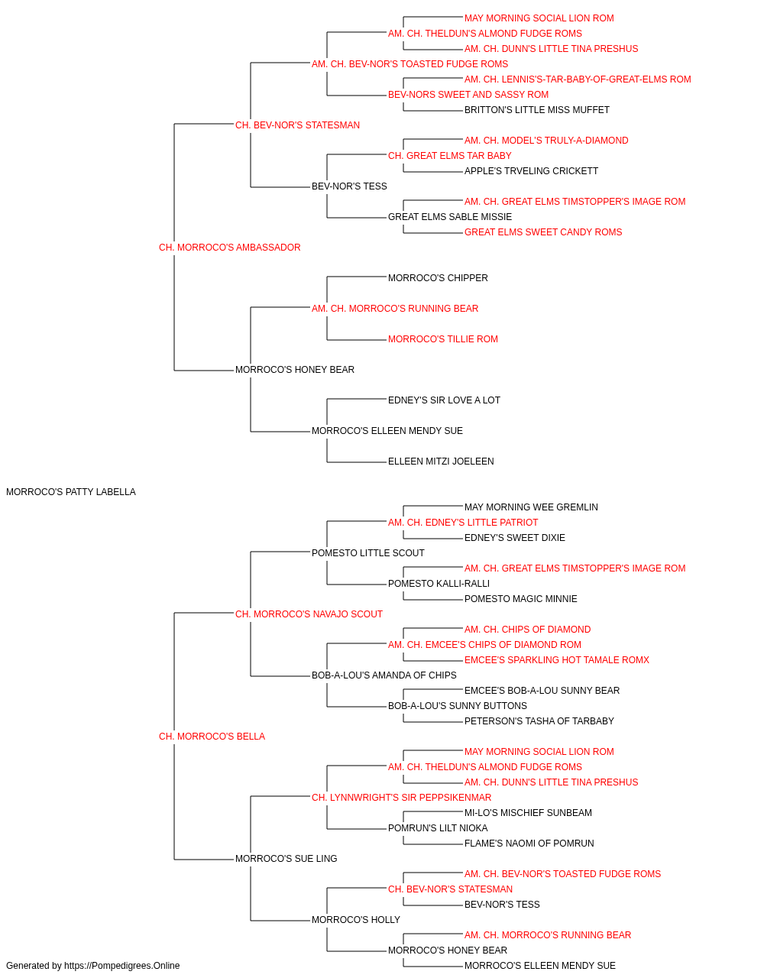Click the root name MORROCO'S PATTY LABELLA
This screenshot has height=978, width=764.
pos(70,492)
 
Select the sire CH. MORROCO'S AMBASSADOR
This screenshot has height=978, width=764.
pos(229,248)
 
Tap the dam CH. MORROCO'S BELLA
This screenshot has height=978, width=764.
pos(212,737)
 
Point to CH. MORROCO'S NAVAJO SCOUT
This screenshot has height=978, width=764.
pos(309,614)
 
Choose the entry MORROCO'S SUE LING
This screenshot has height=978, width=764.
pos(286,859)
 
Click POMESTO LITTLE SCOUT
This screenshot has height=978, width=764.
pos(368,553)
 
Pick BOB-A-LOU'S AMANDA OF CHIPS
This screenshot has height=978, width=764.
pos(384,675)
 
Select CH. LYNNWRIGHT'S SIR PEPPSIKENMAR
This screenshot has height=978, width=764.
pos(401,798)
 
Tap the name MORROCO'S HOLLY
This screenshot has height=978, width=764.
pos(356,920)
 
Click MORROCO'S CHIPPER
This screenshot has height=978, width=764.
pos(438,278)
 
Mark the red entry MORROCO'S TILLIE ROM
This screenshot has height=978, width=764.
pos(443,339)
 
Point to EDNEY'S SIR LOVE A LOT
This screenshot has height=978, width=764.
pos(444,400)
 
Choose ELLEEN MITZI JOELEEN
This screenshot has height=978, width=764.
pos(441,461)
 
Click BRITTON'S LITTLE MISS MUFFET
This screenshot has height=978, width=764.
pos(537,110)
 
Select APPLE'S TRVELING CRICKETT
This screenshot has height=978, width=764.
pos(532,171)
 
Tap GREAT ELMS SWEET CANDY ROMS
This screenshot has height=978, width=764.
pos(543,232)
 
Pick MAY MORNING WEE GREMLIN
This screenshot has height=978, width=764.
pos(531,507)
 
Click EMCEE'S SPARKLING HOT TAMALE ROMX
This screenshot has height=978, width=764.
pos(557,660)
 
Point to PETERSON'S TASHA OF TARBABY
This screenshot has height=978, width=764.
pos(539,721)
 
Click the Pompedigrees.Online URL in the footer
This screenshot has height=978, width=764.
pos(122,966)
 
